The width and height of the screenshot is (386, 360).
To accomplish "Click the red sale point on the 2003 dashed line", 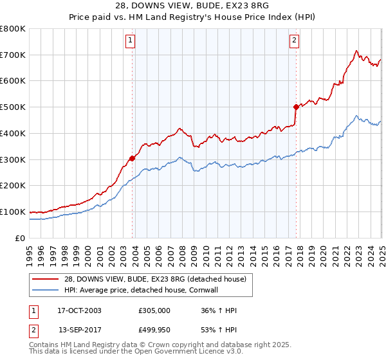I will point(132,157).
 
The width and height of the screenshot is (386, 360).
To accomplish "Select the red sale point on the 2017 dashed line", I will point(296,107).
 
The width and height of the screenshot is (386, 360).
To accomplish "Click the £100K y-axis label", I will point(14,212).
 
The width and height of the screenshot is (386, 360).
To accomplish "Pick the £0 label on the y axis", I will point(21,238).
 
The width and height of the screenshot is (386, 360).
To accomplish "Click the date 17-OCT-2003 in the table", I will point(80,310).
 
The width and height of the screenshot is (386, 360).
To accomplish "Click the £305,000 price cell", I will point(154,310).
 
